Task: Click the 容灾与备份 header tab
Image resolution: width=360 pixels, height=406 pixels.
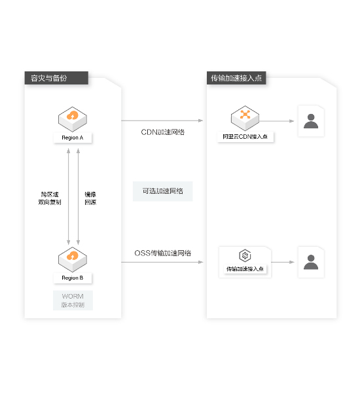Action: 56,78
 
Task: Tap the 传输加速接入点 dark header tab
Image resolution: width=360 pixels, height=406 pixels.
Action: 236,78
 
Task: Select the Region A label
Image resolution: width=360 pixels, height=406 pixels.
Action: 73,138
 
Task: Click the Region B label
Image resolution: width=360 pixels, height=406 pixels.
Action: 73,278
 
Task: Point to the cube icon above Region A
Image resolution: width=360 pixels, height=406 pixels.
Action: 73,119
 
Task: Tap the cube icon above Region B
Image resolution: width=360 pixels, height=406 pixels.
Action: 73,259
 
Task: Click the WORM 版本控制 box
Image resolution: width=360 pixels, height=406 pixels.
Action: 73,301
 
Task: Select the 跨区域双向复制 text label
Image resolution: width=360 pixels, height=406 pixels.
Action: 50,198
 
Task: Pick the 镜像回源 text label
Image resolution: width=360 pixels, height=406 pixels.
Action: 90,198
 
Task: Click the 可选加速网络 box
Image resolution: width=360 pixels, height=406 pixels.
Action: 163,191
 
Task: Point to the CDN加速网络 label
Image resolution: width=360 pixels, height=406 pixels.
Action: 163,132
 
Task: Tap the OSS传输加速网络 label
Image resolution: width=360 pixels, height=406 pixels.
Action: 163,253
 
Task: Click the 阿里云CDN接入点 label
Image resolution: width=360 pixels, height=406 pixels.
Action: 245,137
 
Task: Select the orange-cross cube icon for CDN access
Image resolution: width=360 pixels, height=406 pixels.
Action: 245,118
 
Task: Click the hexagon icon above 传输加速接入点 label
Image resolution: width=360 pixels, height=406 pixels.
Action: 245,255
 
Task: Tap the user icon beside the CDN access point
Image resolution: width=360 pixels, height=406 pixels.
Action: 311,121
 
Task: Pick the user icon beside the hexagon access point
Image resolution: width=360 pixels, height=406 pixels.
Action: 311,262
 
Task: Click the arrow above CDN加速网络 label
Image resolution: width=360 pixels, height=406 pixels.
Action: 162,120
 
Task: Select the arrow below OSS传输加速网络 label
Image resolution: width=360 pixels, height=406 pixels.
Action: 162,263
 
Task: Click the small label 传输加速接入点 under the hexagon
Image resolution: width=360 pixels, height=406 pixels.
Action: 245,269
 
